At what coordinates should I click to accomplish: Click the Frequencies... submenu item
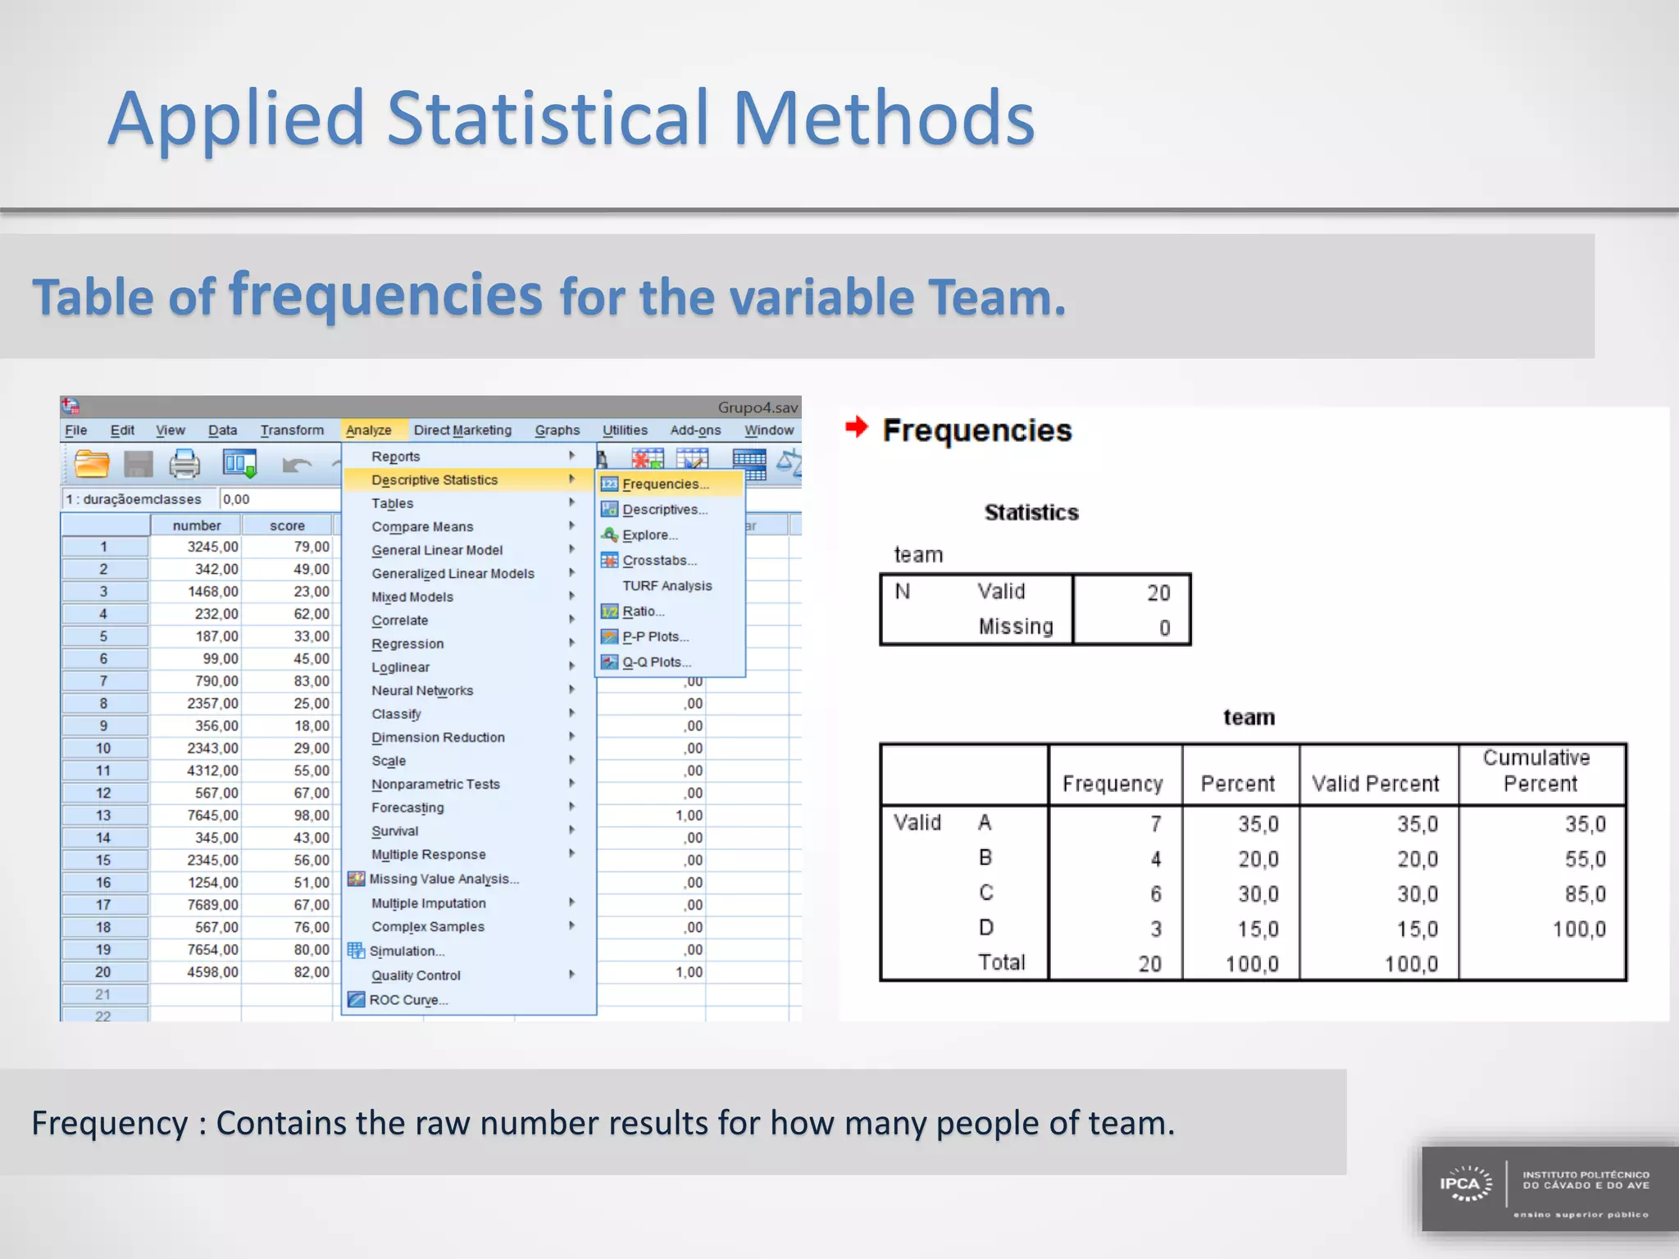pyautogui.click(x=665, y=484)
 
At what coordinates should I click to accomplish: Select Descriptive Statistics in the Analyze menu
pyautogui.click(x=435, y=480)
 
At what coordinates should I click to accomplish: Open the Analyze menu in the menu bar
pyautogui.click(x=368, y=430)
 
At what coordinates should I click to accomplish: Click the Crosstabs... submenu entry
pyautogui.click(x=659, y=561)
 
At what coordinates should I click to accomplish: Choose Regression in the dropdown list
pyautogui.click(x=407, y=644)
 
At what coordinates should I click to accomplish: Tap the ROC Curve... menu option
pyautogui.click(x=407, y=1000)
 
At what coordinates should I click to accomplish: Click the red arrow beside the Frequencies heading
pyautogui.click(x=857, y=427)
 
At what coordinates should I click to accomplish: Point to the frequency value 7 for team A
pyautogui.click(x=1155, y=824)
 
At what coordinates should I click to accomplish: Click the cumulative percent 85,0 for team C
pyautogui.click(x=1585, y=894)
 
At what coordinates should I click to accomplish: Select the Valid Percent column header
pyautogui.click(x=1375, y=784)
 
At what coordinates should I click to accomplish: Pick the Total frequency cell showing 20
pyautogui.click(x=1149, y=964)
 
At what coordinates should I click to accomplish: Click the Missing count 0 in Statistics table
pyautogui.click(x=1164, y=628)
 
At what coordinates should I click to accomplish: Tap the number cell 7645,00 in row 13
pyautogui.click(x=212, y=816)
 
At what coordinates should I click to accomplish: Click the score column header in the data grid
pyautogui.click(x=287, y=525)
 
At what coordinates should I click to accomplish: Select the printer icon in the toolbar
pyautogui.click(x=184, y=465)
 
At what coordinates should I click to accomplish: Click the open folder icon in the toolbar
pyautogui.click(x=92, y=465)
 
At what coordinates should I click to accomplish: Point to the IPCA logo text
pyautogui.click(x=1460, y=1184)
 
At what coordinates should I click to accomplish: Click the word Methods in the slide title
pyautogui.click(x=883, y=119)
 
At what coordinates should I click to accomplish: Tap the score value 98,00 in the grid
pyautogui.click(x=312, y=816)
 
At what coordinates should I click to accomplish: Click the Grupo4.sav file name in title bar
pyautogui.click(x=758, y=407)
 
